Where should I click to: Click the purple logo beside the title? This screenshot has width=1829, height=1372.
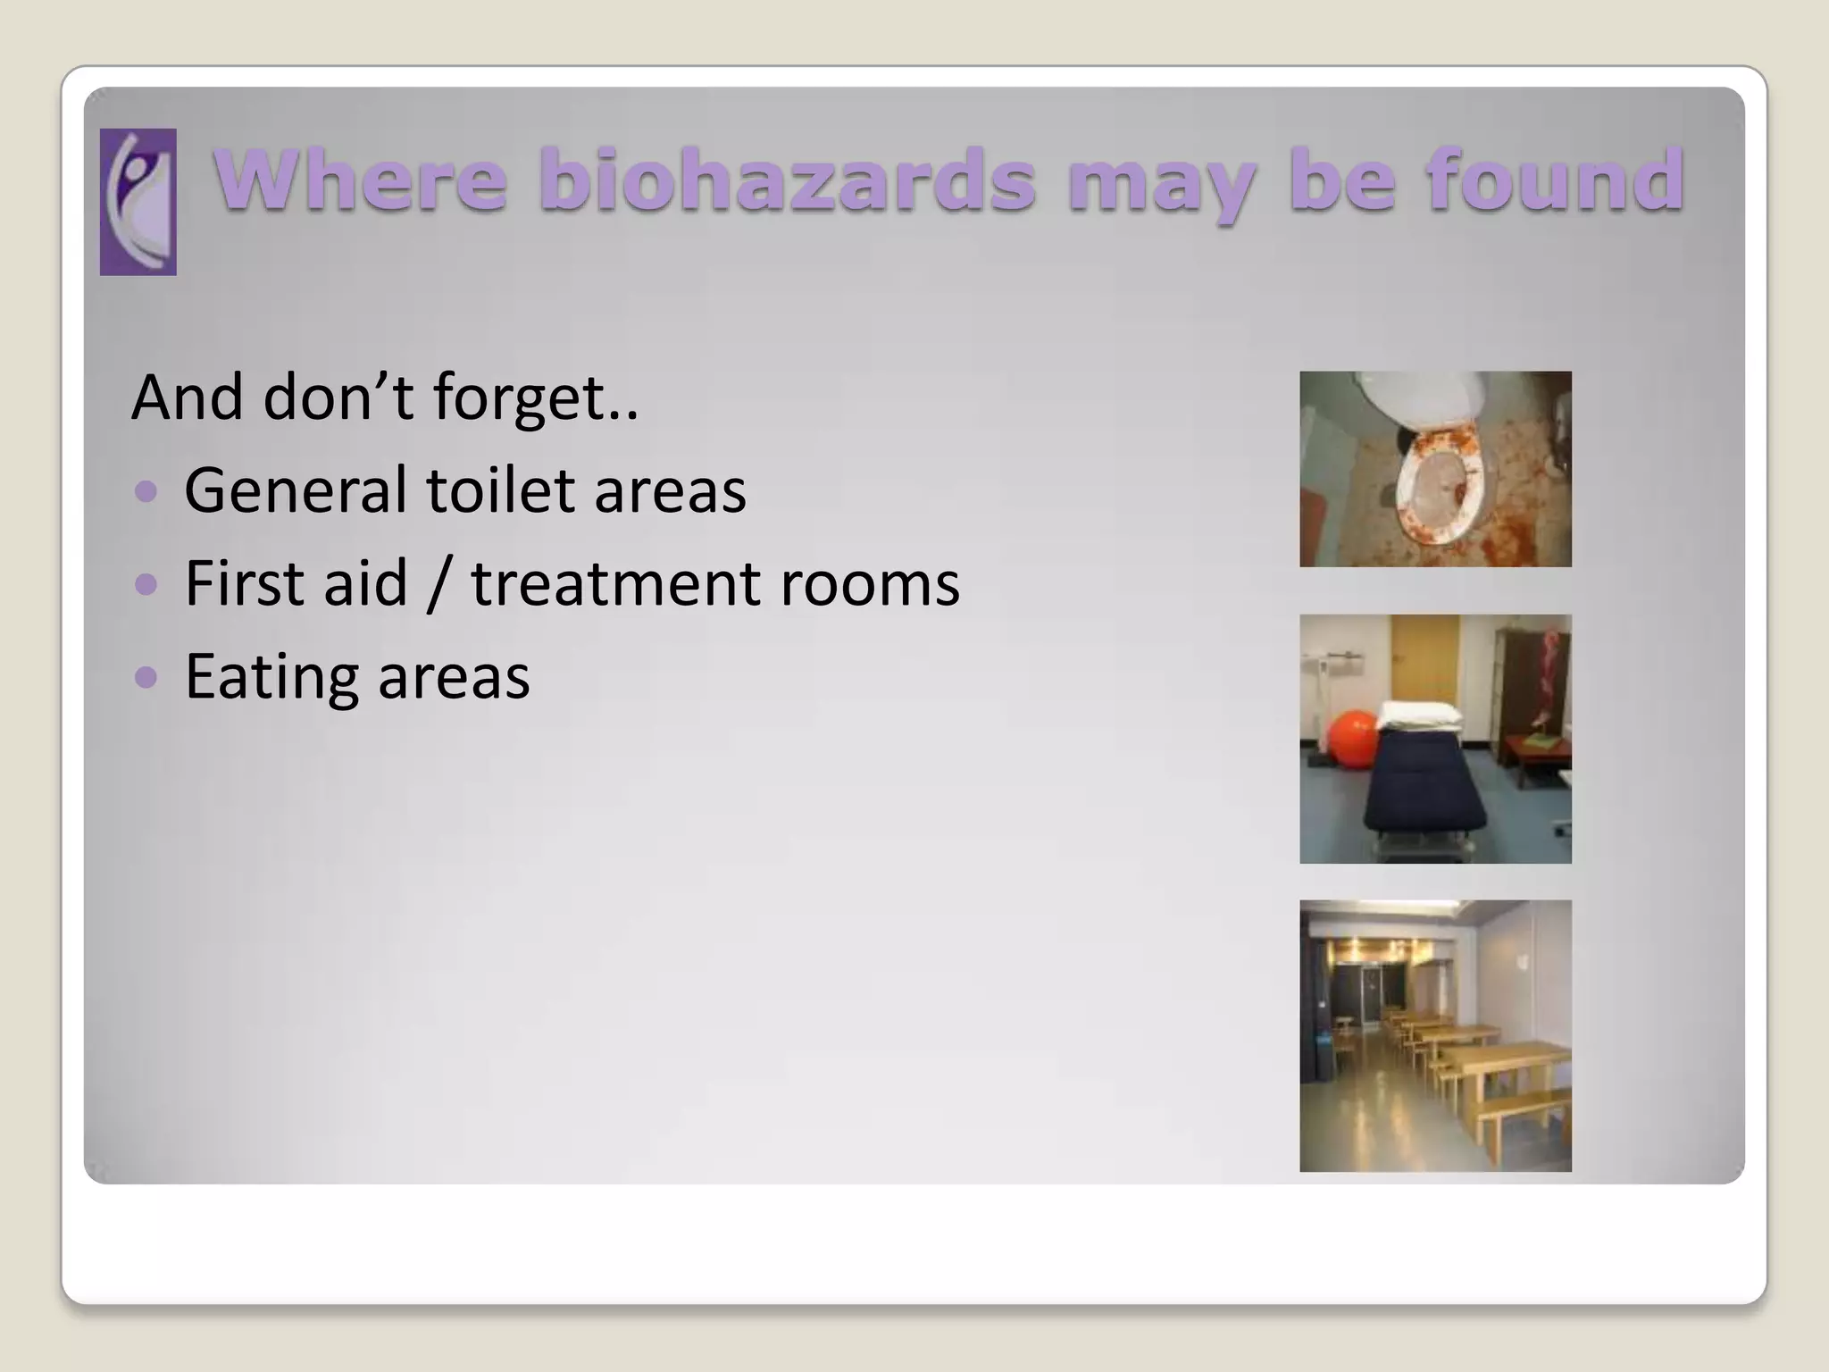(x=138, y=202)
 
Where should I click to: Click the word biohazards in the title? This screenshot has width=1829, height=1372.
(x=787, y=180)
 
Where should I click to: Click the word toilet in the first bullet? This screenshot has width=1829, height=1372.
(x=500, y=490)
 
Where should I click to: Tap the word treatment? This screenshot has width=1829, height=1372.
(x=616, y=583)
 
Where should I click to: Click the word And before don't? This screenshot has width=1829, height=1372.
(x=186, y=397)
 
